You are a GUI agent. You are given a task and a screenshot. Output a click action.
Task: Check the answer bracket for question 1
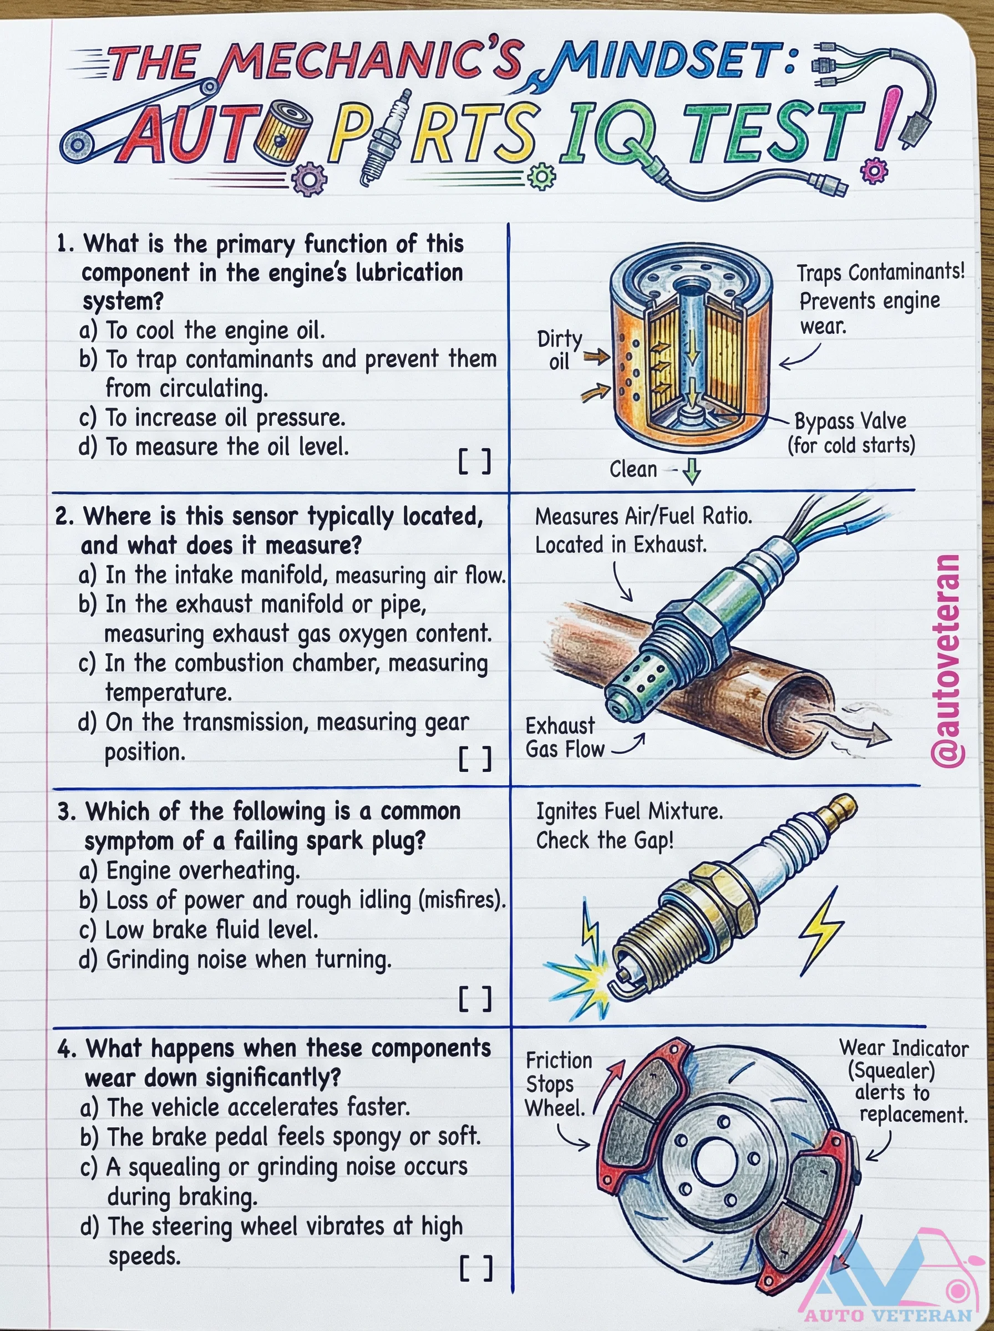(475, 462)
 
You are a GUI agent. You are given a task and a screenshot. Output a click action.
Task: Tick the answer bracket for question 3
(475, 999)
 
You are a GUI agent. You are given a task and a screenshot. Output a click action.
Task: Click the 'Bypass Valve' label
(850, 421)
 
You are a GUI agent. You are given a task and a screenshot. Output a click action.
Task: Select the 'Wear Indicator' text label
(904, 1048)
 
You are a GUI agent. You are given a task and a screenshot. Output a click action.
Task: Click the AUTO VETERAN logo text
(888, 1315)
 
